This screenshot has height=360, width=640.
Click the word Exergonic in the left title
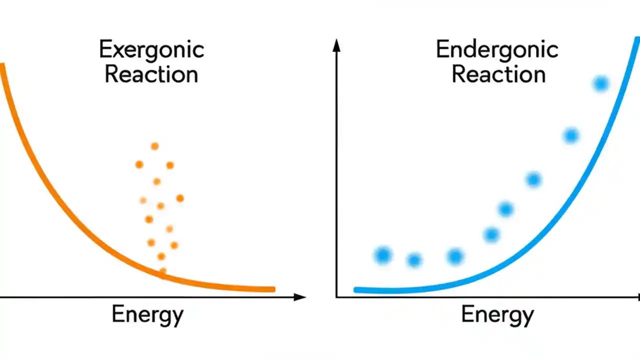151,50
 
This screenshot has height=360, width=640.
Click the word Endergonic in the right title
497,50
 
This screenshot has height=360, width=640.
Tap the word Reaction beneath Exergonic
151,74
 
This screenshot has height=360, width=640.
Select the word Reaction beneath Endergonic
498,74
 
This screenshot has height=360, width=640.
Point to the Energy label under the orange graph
147,315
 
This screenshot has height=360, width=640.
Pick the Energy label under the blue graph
497,315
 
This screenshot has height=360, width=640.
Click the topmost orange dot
154,146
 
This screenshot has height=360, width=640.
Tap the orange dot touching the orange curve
162,271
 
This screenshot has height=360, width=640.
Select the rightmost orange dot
180,198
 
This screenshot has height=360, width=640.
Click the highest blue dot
600,84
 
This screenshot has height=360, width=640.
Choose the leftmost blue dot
383,255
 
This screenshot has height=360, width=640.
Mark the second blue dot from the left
414,260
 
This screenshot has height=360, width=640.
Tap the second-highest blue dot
571,135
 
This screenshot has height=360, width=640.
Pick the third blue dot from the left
455,256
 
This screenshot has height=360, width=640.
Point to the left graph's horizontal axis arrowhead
300,297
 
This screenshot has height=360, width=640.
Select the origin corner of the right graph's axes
336,297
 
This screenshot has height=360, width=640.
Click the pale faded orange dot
143,200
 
